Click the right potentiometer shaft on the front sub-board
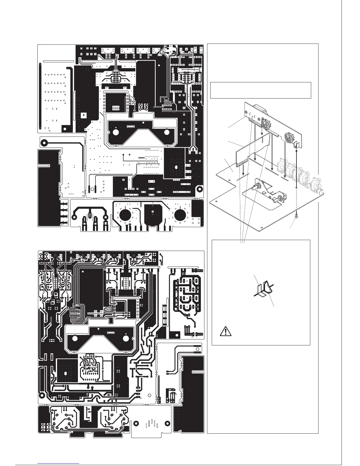[277, 201]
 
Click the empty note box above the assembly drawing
[261, 90]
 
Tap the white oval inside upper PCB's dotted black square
[176, 167]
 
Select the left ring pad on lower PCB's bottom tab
[136, 423]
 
